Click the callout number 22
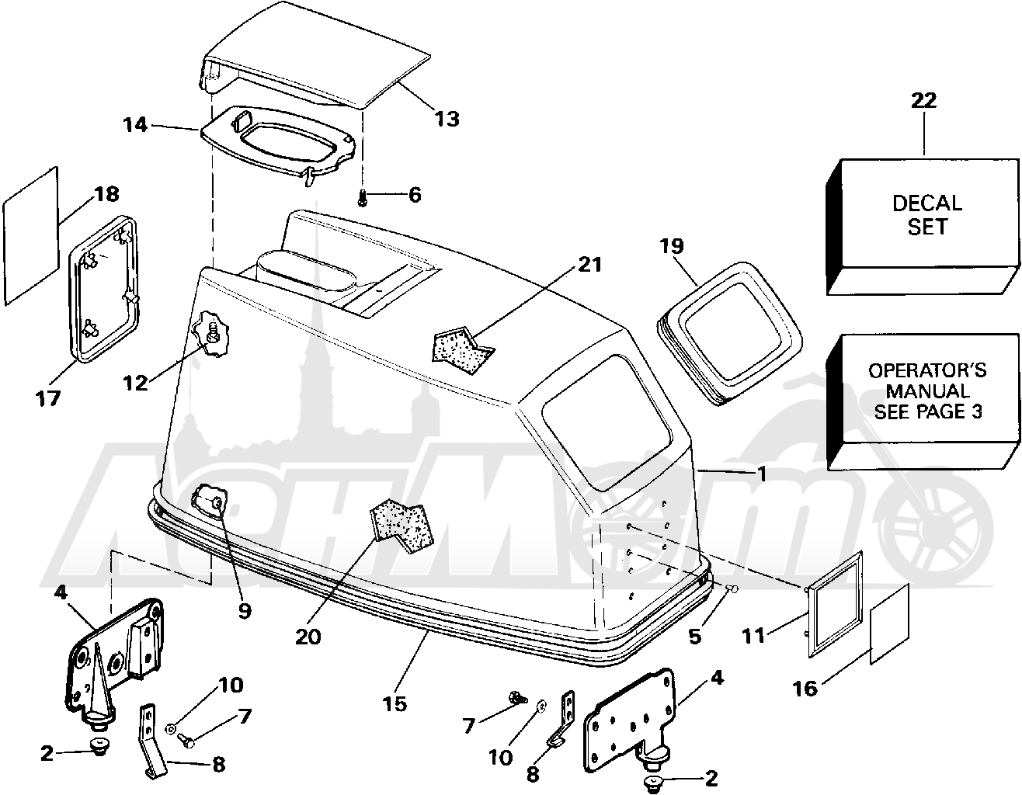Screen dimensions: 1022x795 pyautogui.click(x=923, y=100)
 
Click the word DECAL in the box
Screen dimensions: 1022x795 pyautogui.click(x=927, y=203)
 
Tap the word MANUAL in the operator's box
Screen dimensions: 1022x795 pyautogui.click(x=927, y=391)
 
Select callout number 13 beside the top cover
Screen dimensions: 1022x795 pyautogui.click(x=447, y=119)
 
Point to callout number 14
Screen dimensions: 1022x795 pyautogui.click(x=135, y=125)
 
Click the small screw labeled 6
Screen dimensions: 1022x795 pyautogui.click(x=362, y=197)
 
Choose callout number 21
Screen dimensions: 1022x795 pyautogui.click(x=589, y=265)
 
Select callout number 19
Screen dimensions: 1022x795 pyautogui.click(x=671, y=246)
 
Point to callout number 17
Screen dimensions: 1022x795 pyautogui.click(x=48, y=399)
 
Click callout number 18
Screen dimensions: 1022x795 pyautogui.click(x=106, y=194)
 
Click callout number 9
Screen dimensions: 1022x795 pyautogui.click(x=244, y=611)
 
